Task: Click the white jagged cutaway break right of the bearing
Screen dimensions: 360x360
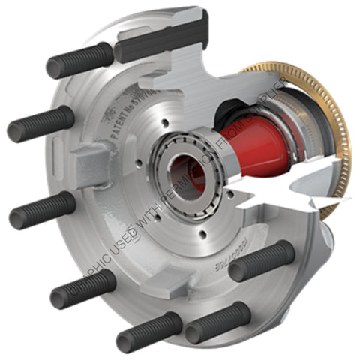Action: pyautogui.click(x=277, y=184)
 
